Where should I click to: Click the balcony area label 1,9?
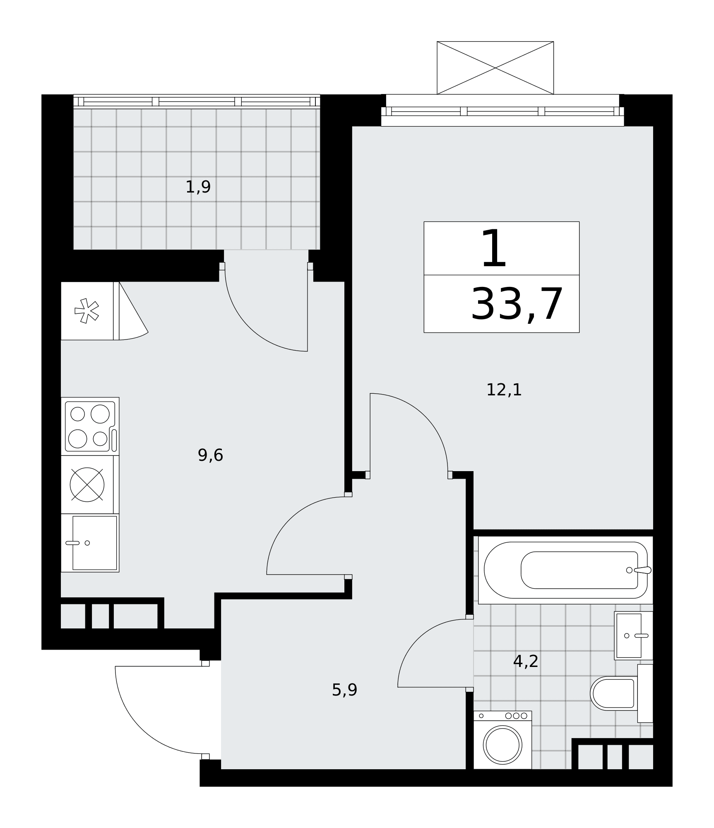(198, 187)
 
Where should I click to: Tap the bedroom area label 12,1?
(504, 390)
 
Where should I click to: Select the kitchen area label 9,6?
(210, 455)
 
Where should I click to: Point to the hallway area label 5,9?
(344, 690)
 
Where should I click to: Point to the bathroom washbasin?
(633, 635)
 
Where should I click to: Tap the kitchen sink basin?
(94, 543)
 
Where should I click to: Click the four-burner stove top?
(90, 426)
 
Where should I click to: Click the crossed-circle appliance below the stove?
(87, 484)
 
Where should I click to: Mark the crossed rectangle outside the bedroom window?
(495, 68)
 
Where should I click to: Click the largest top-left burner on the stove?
(100, 414)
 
